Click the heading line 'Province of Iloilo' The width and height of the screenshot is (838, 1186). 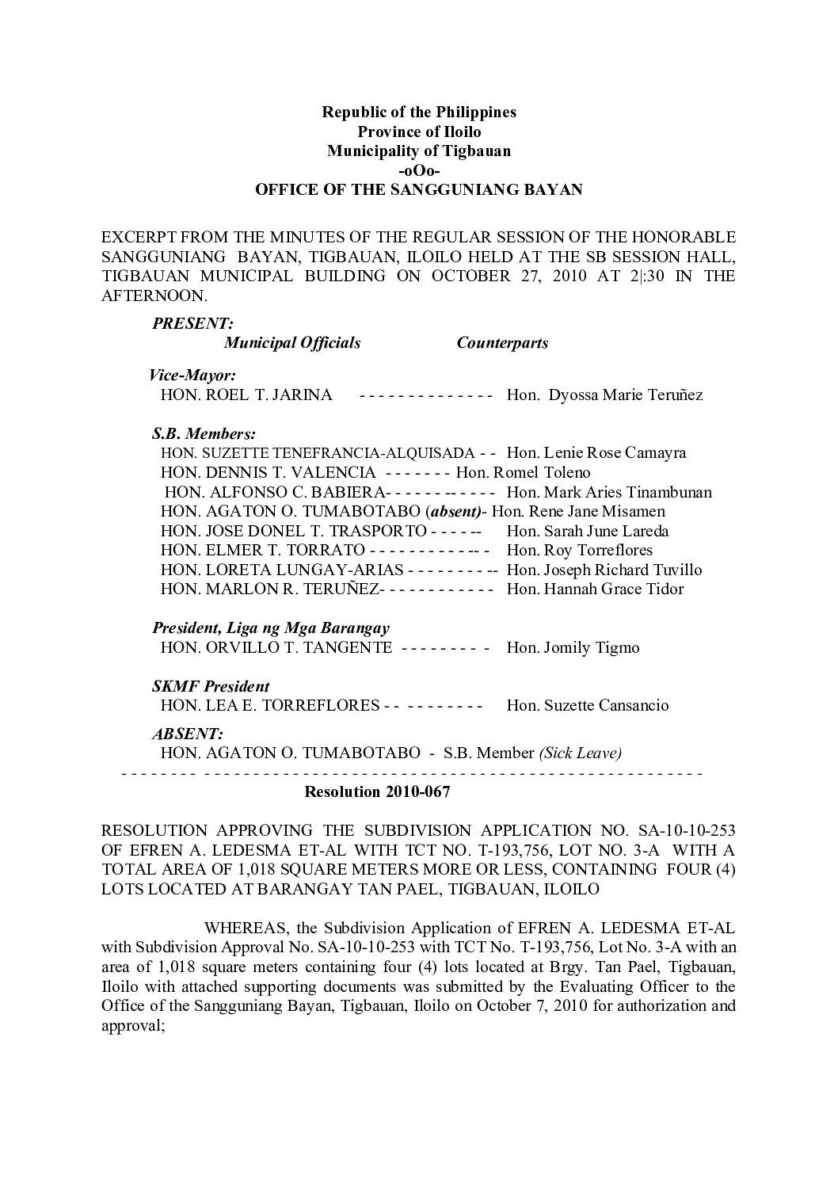[419, 132]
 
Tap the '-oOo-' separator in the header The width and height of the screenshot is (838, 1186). [419, 170]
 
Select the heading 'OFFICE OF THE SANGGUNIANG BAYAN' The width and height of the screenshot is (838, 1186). [419, 190]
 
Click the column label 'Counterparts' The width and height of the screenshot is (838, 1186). [502, 343]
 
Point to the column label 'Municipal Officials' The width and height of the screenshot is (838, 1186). [292, 343]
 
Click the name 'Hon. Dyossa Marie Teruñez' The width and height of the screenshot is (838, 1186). [604, 395]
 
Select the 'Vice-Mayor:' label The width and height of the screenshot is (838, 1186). [192, 376]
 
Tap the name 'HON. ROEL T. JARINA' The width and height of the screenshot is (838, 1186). [246, 395]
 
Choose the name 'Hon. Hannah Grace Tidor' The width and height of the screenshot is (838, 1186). [595, 589]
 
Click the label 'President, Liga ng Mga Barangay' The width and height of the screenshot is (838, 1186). [271, 628]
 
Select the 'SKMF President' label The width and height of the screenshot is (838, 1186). [211, 686]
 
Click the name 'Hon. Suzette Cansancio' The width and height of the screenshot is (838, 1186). [587, 705]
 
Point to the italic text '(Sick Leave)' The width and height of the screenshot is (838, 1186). [580, 753]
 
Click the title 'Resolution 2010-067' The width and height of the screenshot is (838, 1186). [377, 792]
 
